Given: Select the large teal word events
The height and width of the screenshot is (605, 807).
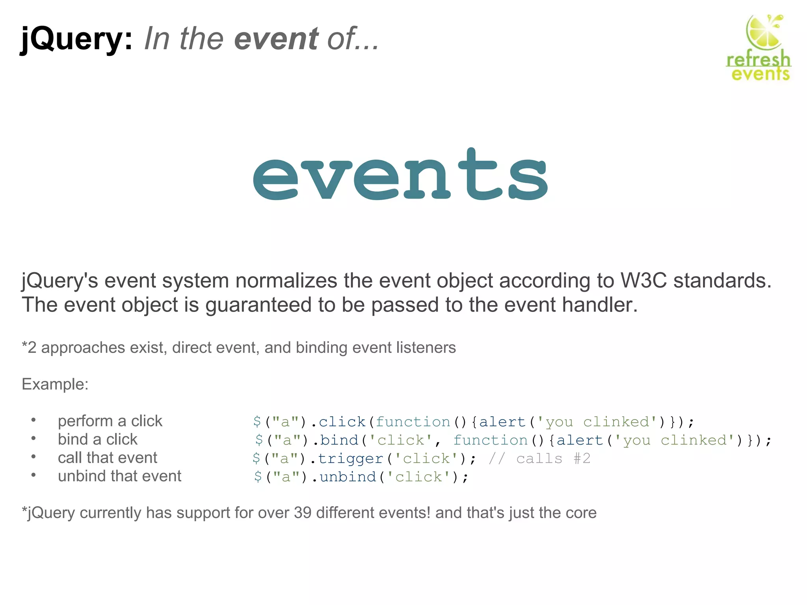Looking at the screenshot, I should coord(400,175).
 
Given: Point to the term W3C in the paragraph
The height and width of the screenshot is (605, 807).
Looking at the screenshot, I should coord(643,280).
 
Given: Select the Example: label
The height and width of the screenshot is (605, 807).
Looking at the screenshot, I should coord(55,384).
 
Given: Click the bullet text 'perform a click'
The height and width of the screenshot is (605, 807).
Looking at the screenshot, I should coord(110,421).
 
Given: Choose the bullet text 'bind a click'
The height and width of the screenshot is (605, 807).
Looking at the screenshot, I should coord(98,439).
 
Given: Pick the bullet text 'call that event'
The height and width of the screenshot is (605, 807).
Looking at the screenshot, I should coord(108,458).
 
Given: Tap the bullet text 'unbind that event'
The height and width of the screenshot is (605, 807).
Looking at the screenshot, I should coord(119,476).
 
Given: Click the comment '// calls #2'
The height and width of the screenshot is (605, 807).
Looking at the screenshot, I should coord(539,458).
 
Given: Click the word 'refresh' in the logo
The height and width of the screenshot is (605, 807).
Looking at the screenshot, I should coord(759,60).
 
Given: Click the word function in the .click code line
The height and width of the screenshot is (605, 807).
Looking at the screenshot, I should coord(413,422).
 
